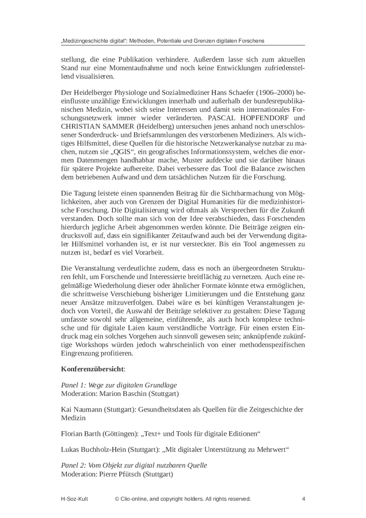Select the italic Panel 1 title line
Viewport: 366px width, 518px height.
coord(119,384)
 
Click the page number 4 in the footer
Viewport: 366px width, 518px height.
coord(303,499)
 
